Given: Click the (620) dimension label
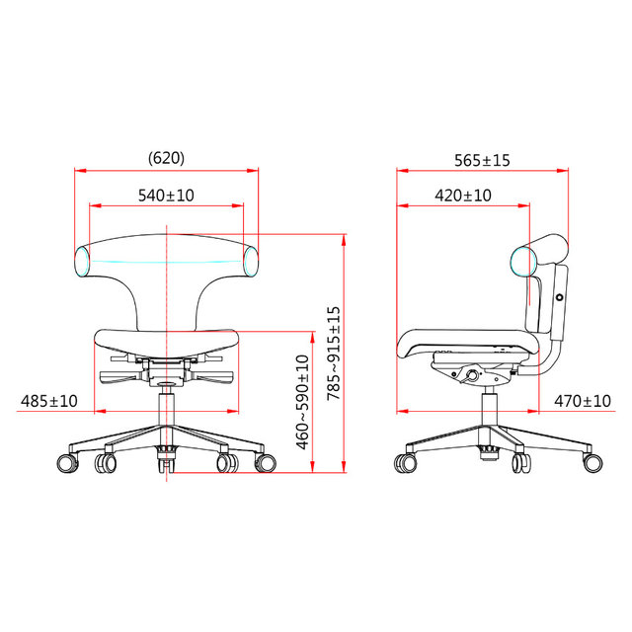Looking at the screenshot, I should point(166,158).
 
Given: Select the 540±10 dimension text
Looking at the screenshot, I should point(166,196).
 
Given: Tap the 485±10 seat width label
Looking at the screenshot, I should point(48,401).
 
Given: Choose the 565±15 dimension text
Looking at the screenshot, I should point(482,159).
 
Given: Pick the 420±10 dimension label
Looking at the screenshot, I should point(462,196).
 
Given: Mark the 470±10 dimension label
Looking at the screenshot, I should point(582,401).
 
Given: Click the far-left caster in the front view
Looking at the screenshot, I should point(67,462).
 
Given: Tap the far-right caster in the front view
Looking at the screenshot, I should point(265,462).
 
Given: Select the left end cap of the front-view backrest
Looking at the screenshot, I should point(85,261).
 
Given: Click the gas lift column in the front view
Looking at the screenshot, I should point(166,405).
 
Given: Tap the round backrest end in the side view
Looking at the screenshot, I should point(522,261).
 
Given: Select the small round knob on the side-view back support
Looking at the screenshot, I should point(559,297).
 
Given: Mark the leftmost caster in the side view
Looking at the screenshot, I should point(405,462).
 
